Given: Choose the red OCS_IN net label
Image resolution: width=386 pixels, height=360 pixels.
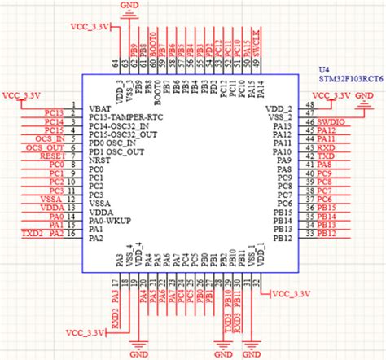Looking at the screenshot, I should point(50,138).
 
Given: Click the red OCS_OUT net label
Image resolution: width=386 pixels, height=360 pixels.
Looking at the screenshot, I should point(48,147).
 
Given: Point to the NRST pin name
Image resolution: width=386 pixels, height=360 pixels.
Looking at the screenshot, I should point(99,160).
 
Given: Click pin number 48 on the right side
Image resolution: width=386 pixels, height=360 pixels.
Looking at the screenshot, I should point(309,104).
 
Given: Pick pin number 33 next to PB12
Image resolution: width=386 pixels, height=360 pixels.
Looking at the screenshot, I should point(309,235).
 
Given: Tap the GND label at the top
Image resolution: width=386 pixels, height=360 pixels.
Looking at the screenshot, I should point(129,6).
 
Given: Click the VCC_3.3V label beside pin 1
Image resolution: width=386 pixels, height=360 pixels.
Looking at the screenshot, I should point(22,95).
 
